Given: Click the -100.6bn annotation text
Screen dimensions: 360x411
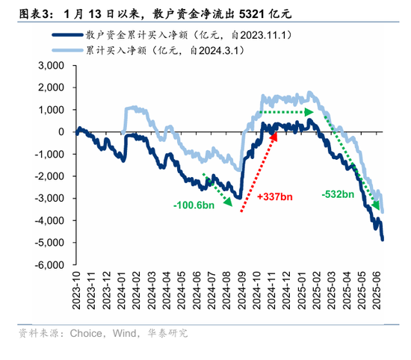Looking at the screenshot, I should point(194,206).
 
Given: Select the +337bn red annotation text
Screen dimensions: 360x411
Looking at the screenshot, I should point(274,196).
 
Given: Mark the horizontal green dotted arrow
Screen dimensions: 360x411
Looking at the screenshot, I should point(285,112).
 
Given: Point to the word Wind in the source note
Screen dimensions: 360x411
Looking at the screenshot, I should point(123,332).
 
